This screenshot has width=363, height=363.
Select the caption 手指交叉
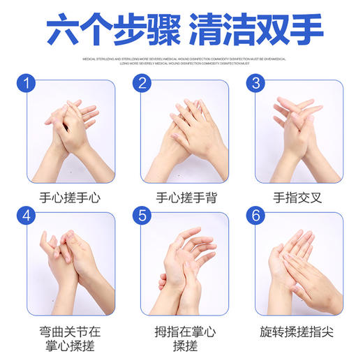point(296,198)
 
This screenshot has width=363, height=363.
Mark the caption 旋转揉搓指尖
point(296,330)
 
